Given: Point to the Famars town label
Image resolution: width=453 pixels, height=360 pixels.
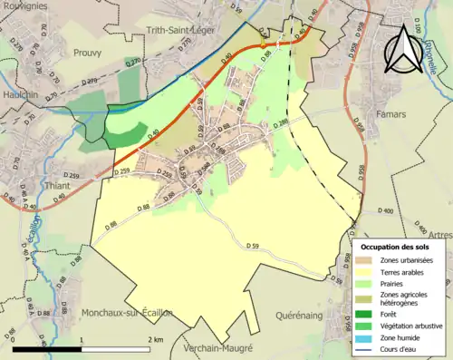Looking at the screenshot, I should click(391, 116).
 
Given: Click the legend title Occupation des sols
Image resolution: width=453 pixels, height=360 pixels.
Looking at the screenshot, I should click(396, 247).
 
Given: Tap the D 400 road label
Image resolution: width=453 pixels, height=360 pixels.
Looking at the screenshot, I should click(389, 211).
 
